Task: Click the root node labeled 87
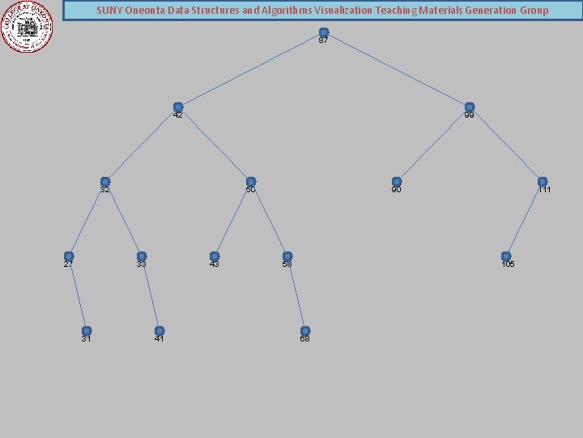324,32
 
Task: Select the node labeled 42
178,107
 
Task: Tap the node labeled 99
470,107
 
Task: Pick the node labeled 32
105,182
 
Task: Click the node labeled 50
251,182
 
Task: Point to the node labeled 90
397,182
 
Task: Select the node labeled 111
543,182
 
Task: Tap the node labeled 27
69,256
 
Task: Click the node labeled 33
142,256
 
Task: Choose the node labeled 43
215,256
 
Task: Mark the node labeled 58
287,256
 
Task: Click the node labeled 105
506,256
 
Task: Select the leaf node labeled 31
87,331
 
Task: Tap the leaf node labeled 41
160,331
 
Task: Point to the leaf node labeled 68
305,331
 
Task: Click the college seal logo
27,26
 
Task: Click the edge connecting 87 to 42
251,70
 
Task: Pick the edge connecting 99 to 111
506,144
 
